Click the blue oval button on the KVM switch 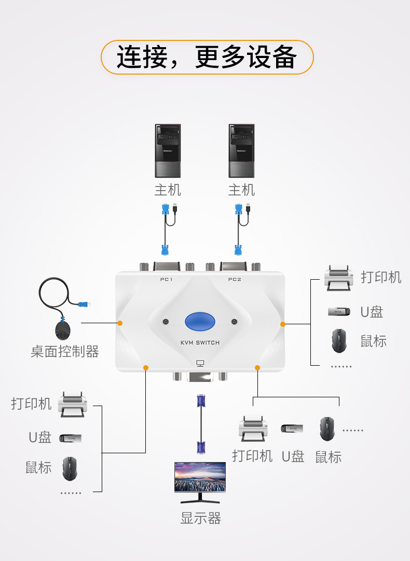(200, 321)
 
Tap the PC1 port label (166, 280)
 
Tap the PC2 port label (235, 280)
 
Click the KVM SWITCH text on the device (200, 342)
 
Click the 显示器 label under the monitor (200, 518)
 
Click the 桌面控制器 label (65, 352)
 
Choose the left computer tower (168, 151)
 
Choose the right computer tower (241, 151)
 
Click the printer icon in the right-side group (338, 278)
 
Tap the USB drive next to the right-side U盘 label (340, 311)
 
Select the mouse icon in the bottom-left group (70, 468)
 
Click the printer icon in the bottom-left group (73, 404)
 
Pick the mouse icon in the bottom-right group (327, 429)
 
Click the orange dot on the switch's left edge (120, 323)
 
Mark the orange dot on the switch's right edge (283, 324)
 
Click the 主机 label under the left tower (168, 190)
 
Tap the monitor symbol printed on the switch (200, 364)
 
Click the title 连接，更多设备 (207, 57)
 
